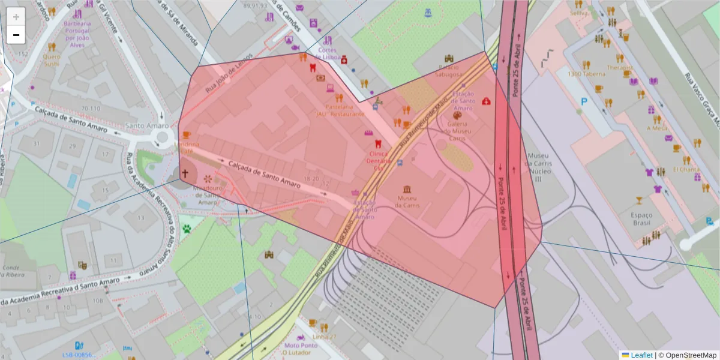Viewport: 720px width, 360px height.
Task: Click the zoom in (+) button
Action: click(16, 16)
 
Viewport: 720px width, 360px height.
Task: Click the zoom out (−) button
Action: click(16, 35)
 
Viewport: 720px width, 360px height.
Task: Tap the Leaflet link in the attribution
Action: click(641, 355)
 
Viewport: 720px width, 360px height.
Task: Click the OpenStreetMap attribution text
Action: click(691, 355)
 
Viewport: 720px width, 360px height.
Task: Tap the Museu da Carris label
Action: click(407, 202)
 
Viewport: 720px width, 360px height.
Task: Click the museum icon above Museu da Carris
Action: click(407, 189)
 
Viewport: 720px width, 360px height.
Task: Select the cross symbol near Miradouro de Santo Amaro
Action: click(185, 175)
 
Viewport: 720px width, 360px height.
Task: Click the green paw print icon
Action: click(187, 228)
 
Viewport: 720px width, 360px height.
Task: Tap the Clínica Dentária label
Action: click(379, 157)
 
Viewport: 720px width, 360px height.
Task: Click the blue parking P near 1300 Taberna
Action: click(583, 102)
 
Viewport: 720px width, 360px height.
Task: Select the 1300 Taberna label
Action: click(586, 74)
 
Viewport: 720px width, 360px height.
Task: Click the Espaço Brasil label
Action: click(641, 218)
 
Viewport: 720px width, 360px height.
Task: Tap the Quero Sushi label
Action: click(52, 60)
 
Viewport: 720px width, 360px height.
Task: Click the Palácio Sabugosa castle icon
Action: click(448, 59)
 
